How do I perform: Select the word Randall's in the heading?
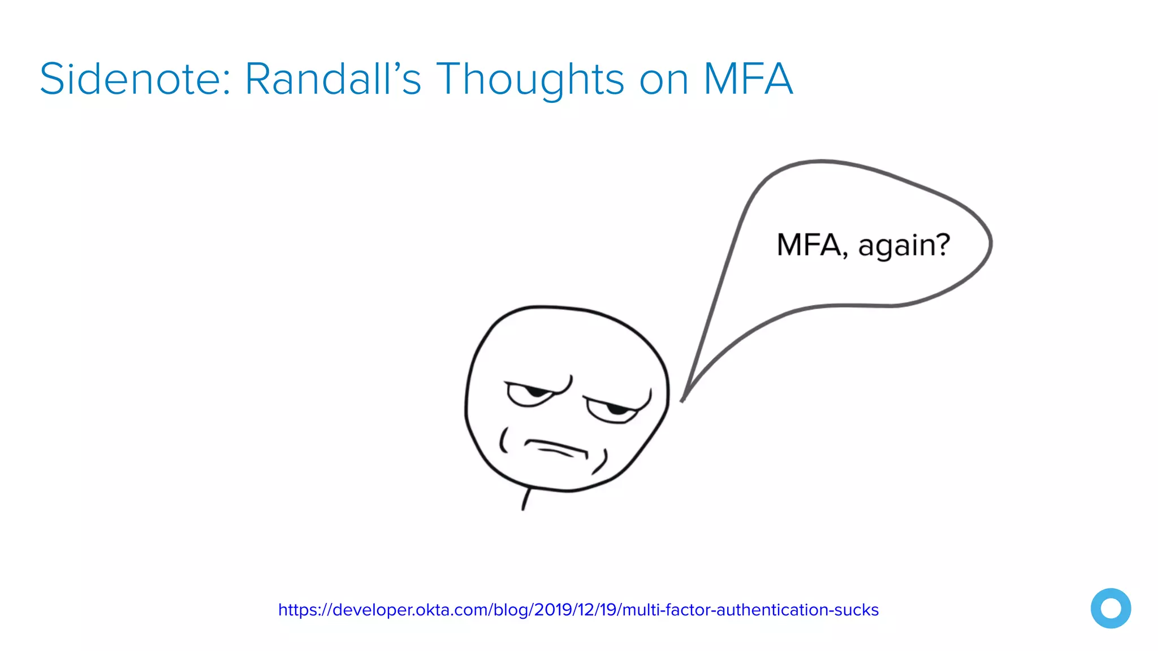point(333,79)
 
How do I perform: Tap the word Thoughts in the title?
point(530,79)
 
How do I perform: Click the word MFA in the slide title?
point(747,79)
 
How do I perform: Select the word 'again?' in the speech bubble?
point(904,246)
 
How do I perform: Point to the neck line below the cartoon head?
point(526,499)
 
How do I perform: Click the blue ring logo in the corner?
point(1111,608)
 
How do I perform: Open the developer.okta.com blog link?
point(578,610)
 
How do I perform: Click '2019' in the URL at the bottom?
point(553,610)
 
